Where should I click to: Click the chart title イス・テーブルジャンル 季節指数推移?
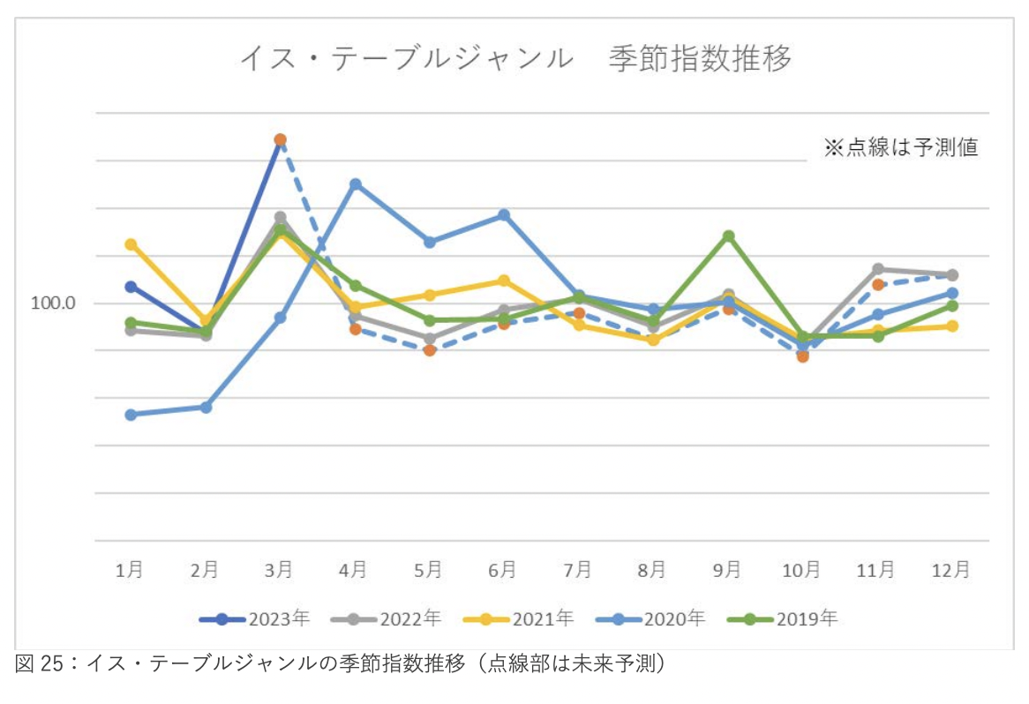pyautogui.click(x=515, y=58)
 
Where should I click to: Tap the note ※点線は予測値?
pyautogui.click(x=900, y=147)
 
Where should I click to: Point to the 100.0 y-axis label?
pyautogui.click(x=54, y=303)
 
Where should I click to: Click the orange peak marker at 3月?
pyautogui.click(x=280, y=139)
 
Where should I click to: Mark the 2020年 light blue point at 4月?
pyautogui.click(x=355, y=184)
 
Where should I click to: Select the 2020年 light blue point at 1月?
pyautogui.click(x=131, y=415)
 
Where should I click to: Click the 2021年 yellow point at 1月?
pyautogui.click(x=131, y=244)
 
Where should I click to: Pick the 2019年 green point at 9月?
pyautogui.click(x=729, y=236)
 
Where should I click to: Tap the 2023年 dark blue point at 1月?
pyautogui.click(x=131, y=287)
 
